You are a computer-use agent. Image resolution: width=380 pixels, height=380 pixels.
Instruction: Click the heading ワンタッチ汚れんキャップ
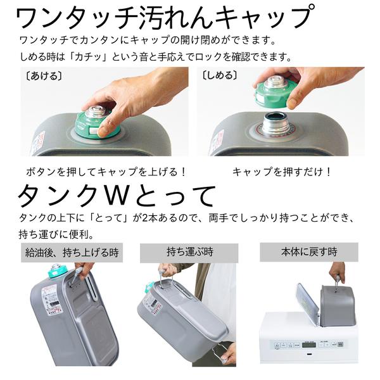[x=163, y=18]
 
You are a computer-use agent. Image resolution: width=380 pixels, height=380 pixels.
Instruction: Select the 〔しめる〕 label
[x=219, y=75]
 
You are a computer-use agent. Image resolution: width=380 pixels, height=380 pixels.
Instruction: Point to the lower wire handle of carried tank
[x=218, y=351]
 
